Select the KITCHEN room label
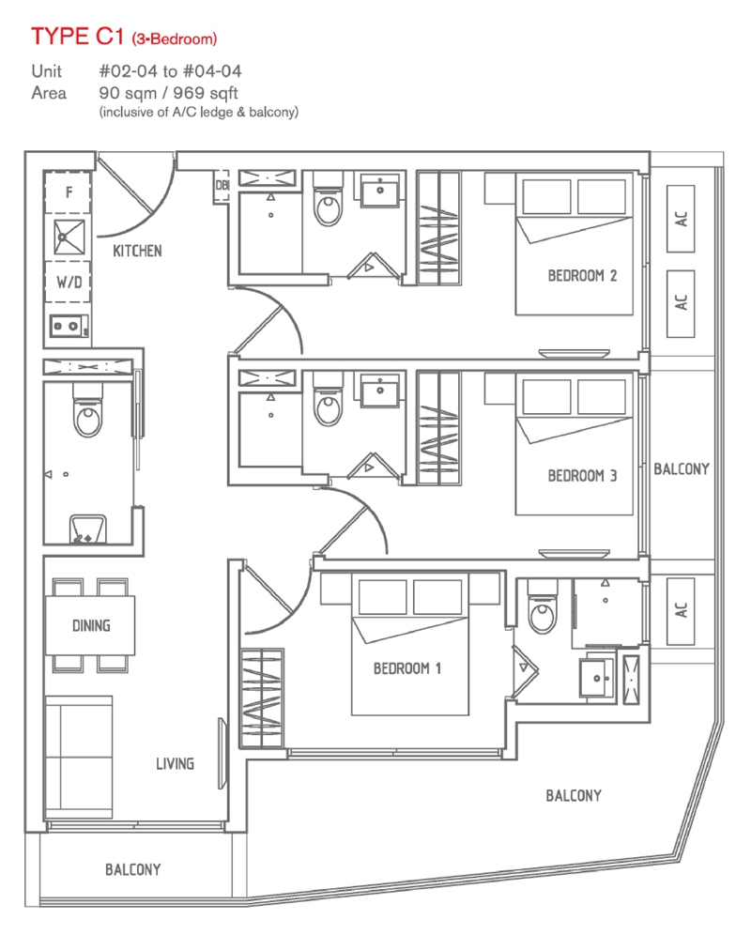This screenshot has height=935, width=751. point(137,251)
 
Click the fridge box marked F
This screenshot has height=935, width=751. point(68,192)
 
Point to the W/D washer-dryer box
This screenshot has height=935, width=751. point(68,281)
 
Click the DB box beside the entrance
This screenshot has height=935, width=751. point(222,185)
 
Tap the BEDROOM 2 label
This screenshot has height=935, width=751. point(582,276)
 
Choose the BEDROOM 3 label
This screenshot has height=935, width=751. point(582,476)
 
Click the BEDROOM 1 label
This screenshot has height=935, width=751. point(407,668)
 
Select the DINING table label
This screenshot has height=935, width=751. point(90,626)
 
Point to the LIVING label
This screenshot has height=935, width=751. point(175,764)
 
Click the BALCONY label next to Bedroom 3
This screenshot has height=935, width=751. point(682,468)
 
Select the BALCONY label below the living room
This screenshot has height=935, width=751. point(132,870)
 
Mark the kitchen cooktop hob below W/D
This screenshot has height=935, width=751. point(68,327)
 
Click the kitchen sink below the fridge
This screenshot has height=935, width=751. point(68,237)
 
